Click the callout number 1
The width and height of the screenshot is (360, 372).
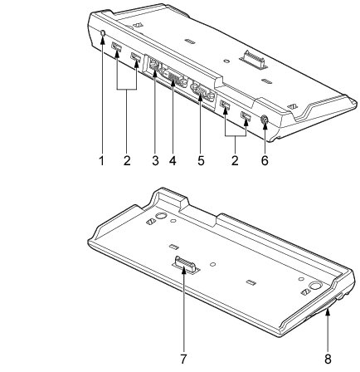[x=102, y=160]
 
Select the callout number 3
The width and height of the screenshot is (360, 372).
[x=155, y=160]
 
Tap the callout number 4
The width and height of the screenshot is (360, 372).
[x=173, y=160]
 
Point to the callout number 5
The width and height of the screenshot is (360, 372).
[x=201, y=160]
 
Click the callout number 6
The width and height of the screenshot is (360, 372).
[x=265, y=160]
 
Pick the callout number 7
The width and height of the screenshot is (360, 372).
[x=183, y=360]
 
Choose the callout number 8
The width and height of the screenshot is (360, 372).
[x=328, y=360]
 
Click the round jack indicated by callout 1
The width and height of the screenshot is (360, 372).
[x=102, y=33]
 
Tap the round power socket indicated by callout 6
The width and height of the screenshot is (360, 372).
[x=265, y=120]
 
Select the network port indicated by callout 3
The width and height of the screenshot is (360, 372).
[x=153, y=66]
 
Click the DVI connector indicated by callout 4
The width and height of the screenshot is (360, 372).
[x=175, y=78]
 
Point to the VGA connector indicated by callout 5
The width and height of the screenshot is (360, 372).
[x=202, y=91]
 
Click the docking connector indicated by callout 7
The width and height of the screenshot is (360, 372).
[x=186, y=265]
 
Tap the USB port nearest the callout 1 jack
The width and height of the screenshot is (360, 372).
[x=116, y=47]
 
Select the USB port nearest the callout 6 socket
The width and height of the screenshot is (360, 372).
[x=246, y=115]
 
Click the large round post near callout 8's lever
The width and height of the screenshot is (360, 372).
[x=316, y=286]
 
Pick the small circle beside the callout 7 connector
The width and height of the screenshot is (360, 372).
[x=212, y=264]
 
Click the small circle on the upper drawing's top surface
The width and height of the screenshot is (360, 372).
[x=226, y=61]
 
